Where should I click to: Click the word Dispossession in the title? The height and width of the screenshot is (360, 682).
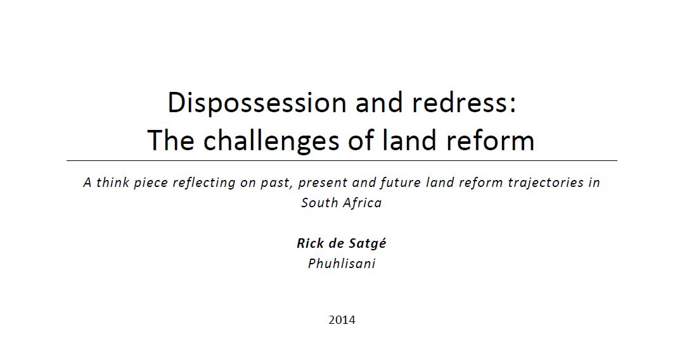(257, 103)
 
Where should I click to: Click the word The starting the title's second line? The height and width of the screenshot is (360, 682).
(171, 141)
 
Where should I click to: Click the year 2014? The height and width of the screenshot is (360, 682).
(342, 320)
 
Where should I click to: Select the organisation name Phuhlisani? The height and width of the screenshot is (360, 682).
(342, 264)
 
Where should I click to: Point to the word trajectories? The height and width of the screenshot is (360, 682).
(546, 183)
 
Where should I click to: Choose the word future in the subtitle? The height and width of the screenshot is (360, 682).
(400, 182)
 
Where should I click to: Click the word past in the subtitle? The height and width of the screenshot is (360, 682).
(275, 183)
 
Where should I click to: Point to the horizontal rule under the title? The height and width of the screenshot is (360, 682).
(342, 160)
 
